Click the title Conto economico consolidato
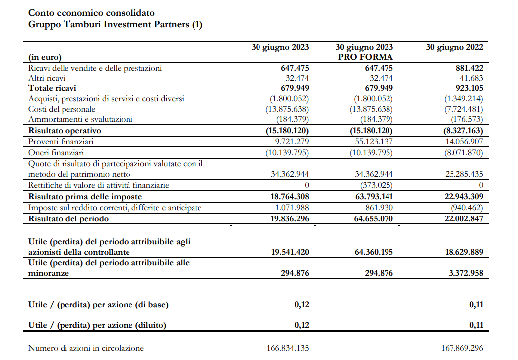tap(91, 13)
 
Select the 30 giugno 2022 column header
tap(454, 47)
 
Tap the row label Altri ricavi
tap(47, 78)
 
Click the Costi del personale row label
tap(62, 109)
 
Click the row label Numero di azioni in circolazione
tap(86, 348)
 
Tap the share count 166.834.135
tap(288, 348)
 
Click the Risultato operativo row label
tap(65, 131)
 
